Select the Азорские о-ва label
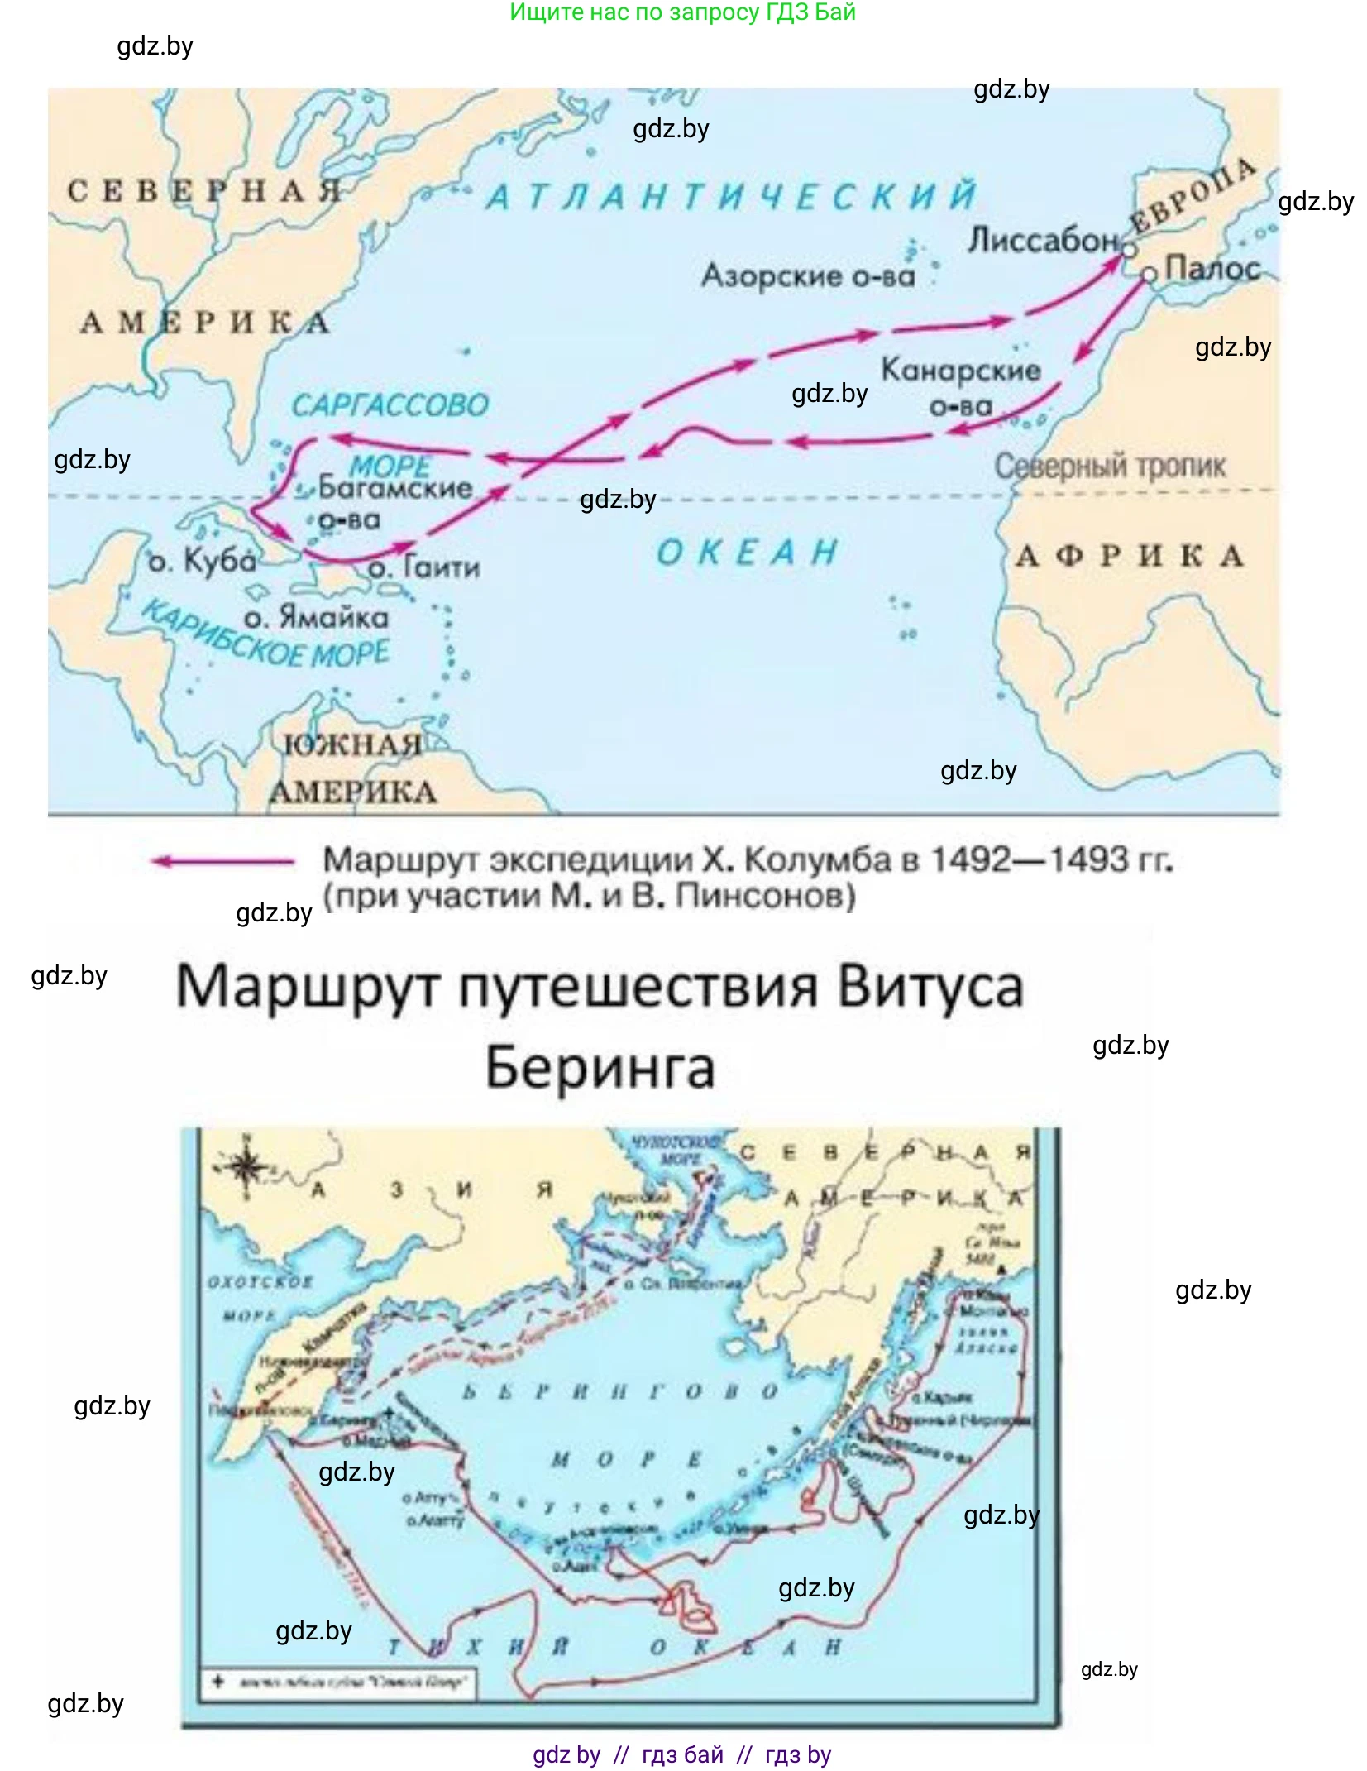pos(808,275)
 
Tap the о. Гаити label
pos(424,567)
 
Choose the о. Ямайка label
pos(316,617)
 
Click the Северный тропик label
pos(1109,467)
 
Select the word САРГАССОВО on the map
pos(390,405)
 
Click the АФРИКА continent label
pos(1130,556)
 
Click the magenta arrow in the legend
pos(222,861)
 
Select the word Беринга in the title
pos(600,1067)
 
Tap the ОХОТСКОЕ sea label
pos(260,1281)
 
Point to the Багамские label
pos(394,487)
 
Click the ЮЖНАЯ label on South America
pos(352,744)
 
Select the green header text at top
pos(682,12)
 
